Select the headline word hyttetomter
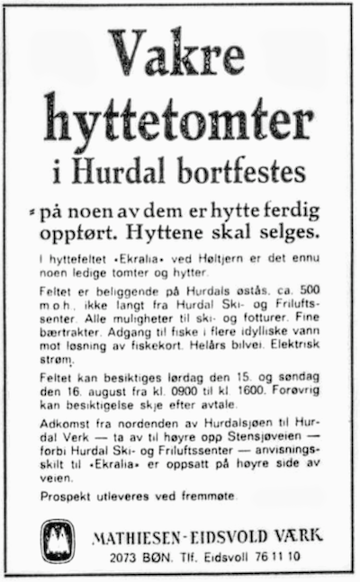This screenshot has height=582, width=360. click(x=180, y=120)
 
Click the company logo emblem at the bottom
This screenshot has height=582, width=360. click(x=57, y=542)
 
